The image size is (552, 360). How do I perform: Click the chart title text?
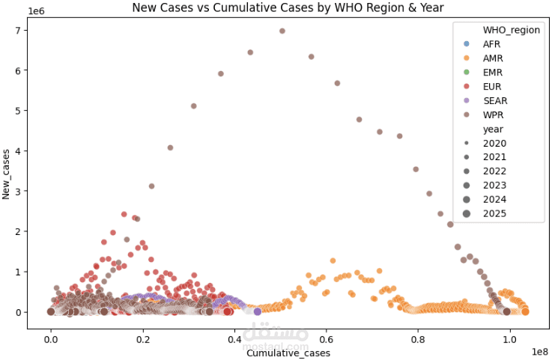pos(288,8)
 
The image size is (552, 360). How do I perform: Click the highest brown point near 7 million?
pos(282,31)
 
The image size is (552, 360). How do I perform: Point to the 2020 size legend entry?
pos(494,143)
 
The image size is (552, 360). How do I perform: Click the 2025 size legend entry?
pos(494,213)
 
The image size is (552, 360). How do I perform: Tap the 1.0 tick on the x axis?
pos(510,338)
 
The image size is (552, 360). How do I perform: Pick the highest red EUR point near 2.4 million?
pos(124,214)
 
